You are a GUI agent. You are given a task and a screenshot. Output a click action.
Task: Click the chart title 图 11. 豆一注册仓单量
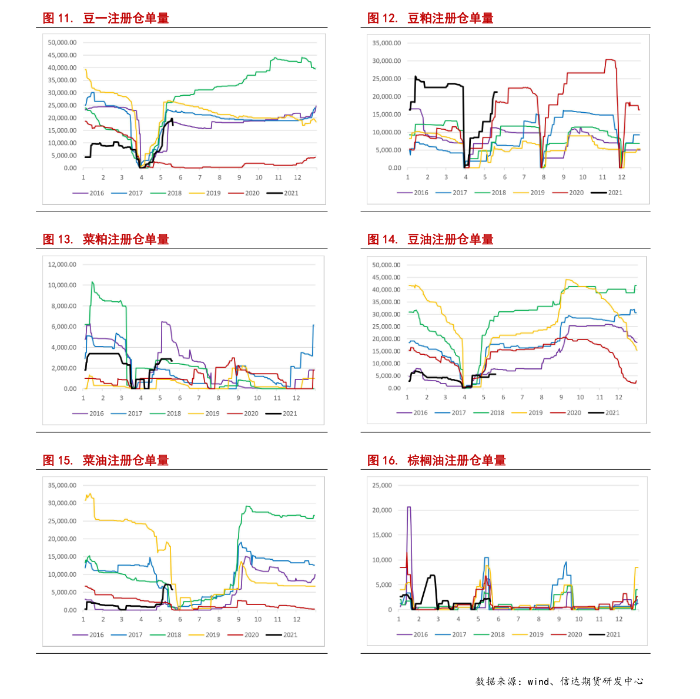pyautogui.click(x=106, y=18)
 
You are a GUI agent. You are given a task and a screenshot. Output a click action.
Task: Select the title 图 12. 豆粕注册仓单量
pyautogui.click(x=430, y=18)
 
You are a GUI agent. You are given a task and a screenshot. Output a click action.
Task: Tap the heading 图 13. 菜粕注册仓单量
pyautogui.click(x=106, y=239)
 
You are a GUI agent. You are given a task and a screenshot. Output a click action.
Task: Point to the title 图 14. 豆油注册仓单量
pyautogui.click(x=430, y=239)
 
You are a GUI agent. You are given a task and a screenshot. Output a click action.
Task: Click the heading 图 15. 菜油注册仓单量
pyautogui.click(x=106, y=460)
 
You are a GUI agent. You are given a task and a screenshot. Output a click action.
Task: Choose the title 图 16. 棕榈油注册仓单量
pyautogui.click(x=437, y=460)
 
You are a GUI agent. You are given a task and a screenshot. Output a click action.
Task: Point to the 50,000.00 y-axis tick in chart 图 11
pyautogui.click(x=62, y=42)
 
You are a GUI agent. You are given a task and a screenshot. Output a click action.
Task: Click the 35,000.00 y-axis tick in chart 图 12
pyautogui.click(x=387, y=43)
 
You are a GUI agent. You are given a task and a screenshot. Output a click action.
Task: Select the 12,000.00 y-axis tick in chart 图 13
pyautogui.click(x=62, y=264)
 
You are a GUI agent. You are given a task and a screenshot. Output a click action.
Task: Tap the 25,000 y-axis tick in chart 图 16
pyautogui.click(x=382, y=485)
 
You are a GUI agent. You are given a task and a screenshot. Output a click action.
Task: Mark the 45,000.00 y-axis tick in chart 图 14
pyautogui.click(x=386, y=277)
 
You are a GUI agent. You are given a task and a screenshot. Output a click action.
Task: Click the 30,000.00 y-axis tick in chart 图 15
pyautogui.click(x=62, y=503)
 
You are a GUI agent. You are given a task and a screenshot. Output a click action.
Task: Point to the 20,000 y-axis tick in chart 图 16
pyautogui.click(x=382, y=510)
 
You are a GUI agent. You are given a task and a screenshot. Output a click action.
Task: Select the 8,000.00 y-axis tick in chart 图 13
pyautogui.click(x=64, y=306)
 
